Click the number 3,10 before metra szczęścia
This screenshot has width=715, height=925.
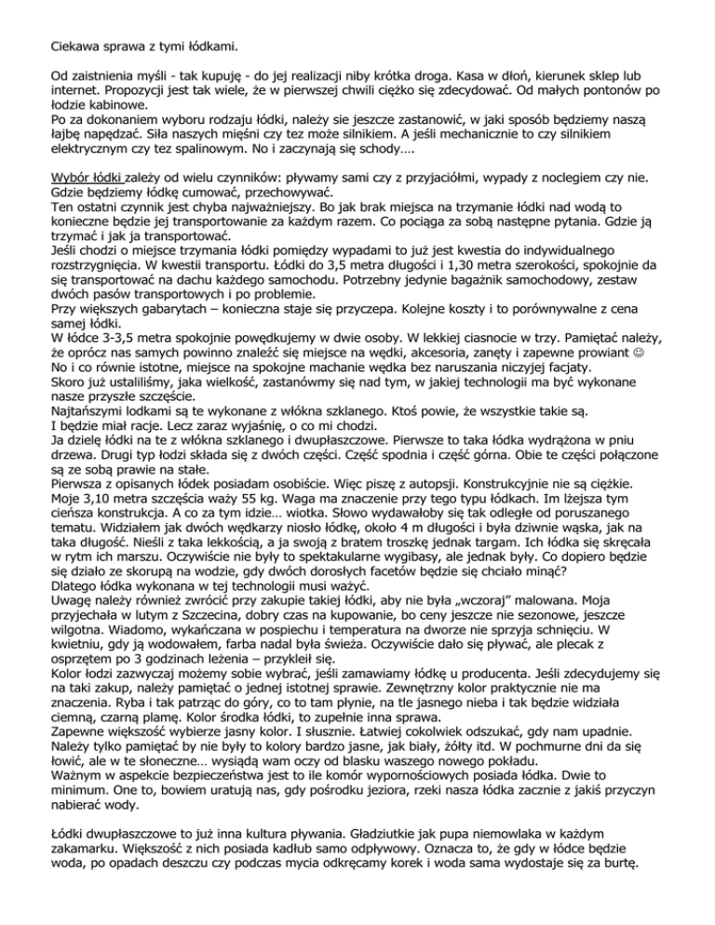click(95, 594)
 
